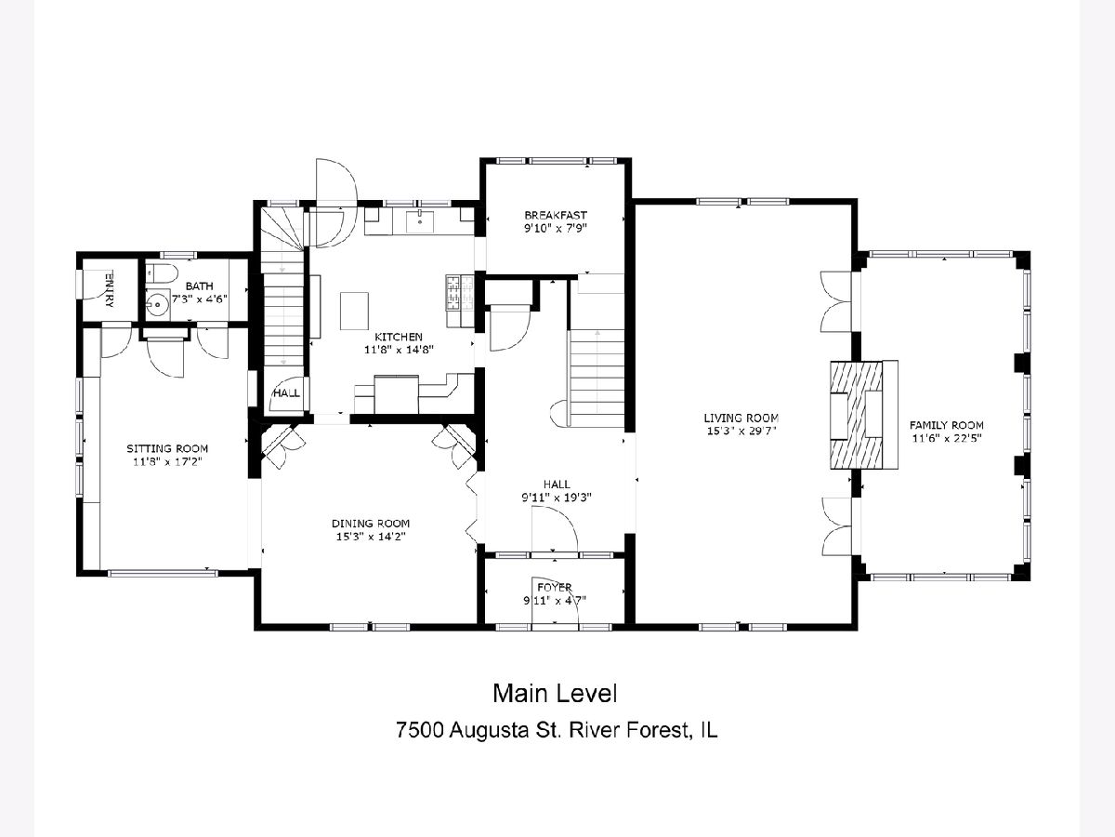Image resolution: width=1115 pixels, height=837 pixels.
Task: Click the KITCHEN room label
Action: click(x=399, y=337)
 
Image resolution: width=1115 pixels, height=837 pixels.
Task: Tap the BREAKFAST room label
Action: click(x=556, y=215)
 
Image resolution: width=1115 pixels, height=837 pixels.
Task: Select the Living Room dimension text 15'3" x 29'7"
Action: click(x=741, y=432)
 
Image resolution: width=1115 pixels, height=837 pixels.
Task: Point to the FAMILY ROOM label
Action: click(x=946, y=425)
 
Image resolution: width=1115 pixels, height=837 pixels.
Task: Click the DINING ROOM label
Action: click(x=371, y=523)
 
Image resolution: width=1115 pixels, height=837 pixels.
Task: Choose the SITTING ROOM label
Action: click(x=167, y=448)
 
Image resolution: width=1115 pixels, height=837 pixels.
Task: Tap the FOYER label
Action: click(x=555, y=587)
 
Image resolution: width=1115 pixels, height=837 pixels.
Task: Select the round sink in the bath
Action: click(x=158, y=304)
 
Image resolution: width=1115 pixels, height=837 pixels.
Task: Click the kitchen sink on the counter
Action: click(x=420, y=222)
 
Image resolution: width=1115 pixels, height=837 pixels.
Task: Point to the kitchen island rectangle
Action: click(x=355, y=311)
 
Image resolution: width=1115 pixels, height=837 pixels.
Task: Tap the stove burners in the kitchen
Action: click(x=460, y=293)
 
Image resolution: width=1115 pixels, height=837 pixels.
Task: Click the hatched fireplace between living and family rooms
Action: click(x=857, y=415)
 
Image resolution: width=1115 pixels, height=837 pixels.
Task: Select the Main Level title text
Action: click(x=555, y=694)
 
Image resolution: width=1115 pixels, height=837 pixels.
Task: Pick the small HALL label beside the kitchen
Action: click(x=287, y=392)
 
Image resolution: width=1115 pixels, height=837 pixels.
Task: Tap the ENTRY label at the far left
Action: click(x=110, y=289)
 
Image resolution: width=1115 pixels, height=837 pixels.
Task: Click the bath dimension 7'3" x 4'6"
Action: click(x=200, y=299)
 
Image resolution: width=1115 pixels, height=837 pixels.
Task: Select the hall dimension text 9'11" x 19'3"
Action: click(x=557, y=497)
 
